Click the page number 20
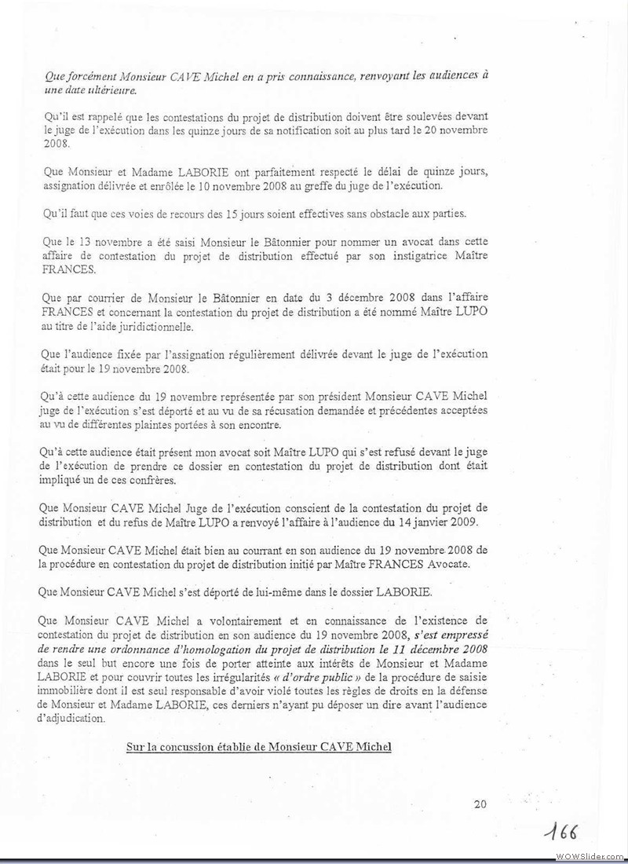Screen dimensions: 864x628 pyautogui.click(x=481, y=804)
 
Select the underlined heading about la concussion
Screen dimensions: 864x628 pyautogui.click(x=258, y=746)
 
